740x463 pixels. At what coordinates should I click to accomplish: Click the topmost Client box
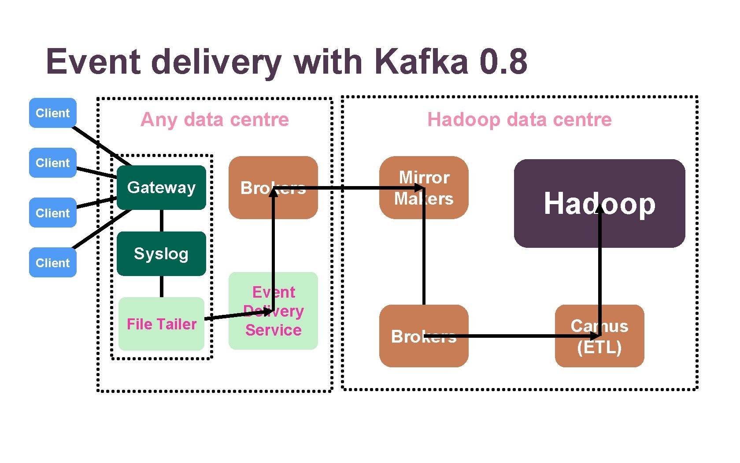53,113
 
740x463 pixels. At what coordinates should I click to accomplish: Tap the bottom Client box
53,263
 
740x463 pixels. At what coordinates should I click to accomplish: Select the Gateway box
161,187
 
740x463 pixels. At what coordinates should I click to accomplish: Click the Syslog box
161,254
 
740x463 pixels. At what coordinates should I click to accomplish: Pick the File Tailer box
161,324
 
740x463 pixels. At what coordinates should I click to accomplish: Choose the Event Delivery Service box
273,311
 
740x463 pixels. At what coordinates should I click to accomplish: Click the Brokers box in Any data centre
273,187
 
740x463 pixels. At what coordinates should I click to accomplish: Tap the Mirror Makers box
424,187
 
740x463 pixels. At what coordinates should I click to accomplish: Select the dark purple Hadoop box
599,203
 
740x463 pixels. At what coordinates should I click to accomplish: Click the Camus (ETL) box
599,336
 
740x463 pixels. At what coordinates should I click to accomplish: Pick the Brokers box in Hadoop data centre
424,336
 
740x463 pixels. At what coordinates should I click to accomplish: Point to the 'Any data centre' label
215,119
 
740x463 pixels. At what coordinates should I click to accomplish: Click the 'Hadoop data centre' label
519,119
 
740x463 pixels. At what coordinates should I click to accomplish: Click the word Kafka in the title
422,61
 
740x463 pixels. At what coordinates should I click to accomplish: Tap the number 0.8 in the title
503,61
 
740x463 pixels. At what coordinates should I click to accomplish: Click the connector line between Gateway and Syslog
162,220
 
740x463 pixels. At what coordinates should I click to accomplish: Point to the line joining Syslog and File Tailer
162,287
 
